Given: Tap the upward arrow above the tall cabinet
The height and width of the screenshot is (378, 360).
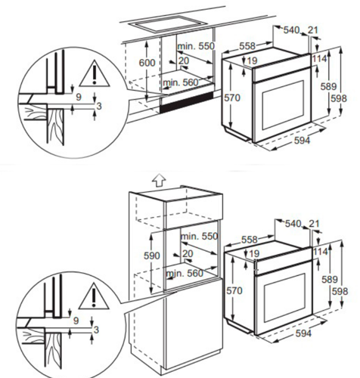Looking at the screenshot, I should (157, 181).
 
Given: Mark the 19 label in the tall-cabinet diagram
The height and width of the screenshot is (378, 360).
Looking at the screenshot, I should (254, 253).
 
